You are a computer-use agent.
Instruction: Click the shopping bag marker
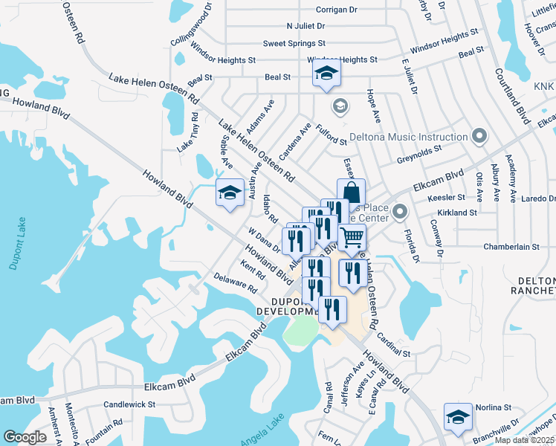351,193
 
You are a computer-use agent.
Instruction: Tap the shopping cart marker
352,239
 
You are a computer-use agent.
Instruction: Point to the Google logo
25,437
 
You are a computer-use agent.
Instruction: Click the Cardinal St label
394,345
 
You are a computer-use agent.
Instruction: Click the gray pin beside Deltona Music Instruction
479,136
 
